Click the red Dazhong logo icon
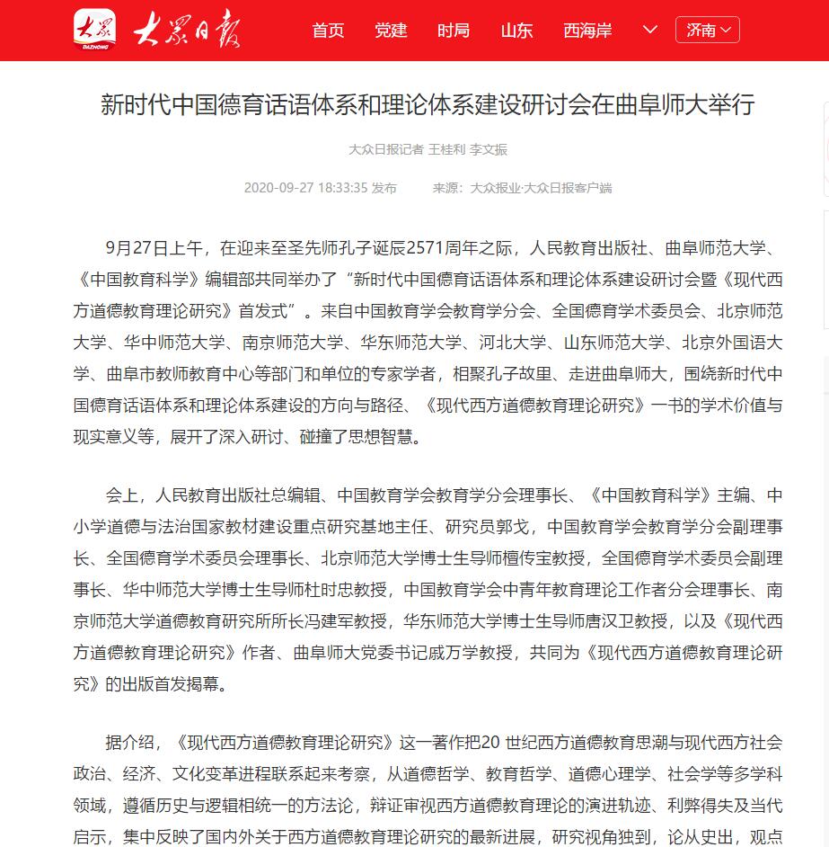tap(94, 30)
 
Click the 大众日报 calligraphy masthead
tap(187, 31)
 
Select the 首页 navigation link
tap(328, 31)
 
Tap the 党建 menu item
tap(391, 31)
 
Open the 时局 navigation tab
tap(454, 31)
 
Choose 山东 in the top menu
tap(516, 31)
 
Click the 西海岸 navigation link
tap(587, 31)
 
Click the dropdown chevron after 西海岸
tap(651, 30)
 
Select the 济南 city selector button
tap(708, 30)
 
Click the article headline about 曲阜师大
tap(428, 106)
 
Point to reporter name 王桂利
tap(446, 149)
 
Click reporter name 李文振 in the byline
tap(489, 149)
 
